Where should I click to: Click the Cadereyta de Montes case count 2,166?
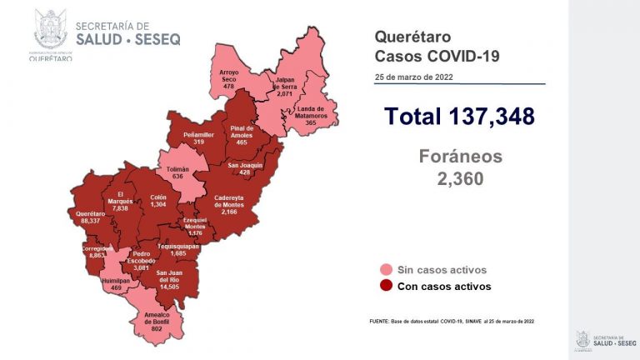pyautogui.click(x=228, y=212)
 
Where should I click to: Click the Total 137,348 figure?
pyautogui.click(x=459, y=116)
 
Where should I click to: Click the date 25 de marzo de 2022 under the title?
pyautogui.click(x=414, y=77)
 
